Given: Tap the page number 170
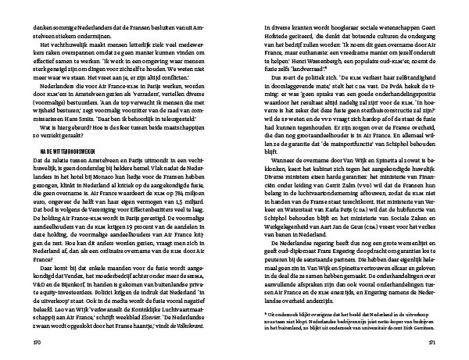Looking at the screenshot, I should coord(35,341).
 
